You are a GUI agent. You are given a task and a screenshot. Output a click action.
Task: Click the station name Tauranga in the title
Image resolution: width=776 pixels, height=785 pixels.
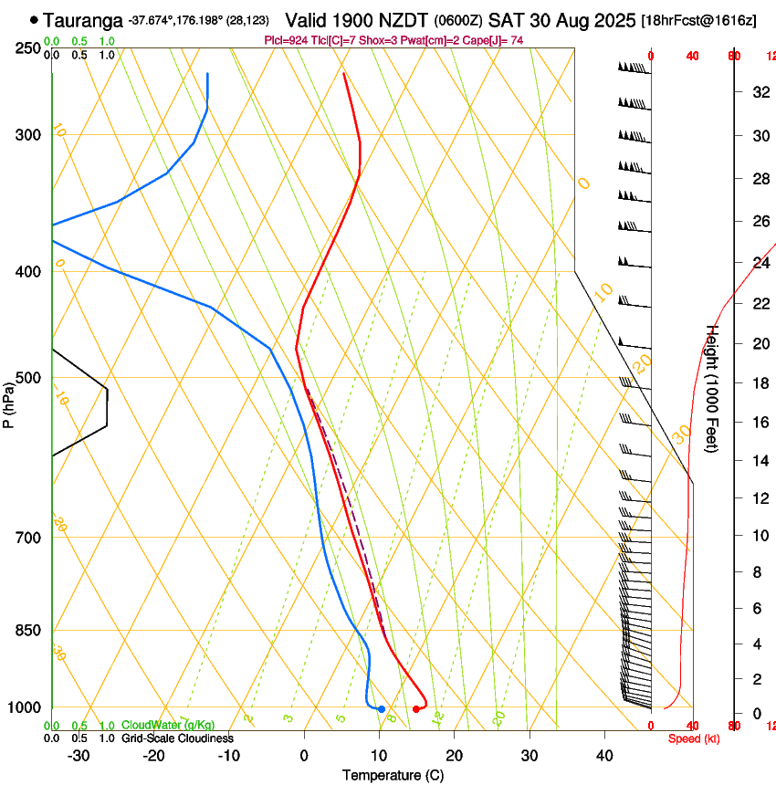[x=83, y=19]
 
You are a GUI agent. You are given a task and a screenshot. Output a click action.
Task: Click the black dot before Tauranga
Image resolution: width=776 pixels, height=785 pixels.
[x=35, y=19]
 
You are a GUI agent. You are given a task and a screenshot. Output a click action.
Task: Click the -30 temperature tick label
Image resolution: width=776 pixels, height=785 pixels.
[x=79, y=756]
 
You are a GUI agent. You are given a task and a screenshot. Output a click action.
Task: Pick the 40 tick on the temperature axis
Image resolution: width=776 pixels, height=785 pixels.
[x=604, y=756]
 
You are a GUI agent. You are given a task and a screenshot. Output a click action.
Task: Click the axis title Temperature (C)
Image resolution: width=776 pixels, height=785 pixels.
[x=393, y=776]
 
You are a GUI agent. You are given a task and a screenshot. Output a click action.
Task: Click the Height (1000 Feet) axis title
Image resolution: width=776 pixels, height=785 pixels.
[x=713, y=389]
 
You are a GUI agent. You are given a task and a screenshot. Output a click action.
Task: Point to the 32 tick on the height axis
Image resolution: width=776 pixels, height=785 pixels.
[x=758, y=91]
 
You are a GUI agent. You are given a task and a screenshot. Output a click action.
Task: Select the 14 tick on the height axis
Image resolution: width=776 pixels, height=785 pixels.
[x=758, y=461]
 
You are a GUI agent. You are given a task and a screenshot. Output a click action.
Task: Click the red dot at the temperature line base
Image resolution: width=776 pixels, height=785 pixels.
[x=416, y=709]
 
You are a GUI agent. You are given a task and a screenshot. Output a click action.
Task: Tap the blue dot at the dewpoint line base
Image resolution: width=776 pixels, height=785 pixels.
[x=382, y=709]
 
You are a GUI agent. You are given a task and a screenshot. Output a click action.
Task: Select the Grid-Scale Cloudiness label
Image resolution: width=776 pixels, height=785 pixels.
[x=177, y=738]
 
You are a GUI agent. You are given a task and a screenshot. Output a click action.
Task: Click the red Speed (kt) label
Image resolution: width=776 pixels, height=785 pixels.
[x=694, y=738]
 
